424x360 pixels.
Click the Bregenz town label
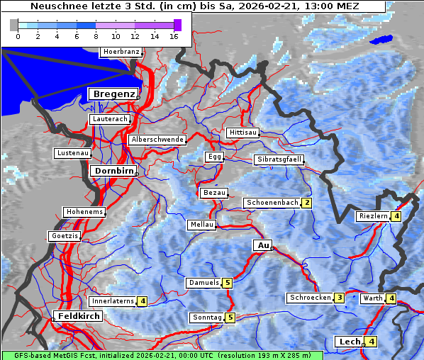coord(112,94)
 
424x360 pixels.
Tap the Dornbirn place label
coord(112,171)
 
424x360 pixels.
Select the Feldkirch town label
coord(79,315)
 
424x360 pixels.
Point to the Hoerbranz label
coord(121,52)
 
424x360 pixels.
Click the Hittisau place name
coord(243,133)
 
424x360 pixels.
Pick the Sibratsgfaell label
coord(279,159)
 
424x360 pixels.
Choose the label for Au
coord(262,245)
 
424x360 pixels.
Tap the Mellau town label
coord(201,225)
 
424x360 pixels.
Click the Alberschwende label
coord(157,140)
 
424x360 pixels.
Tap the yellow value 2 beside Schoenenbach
coord(306,203)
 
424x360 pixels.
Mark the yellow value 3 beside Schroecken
coord(340,298)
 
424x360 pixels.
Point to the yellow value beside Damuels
coord(227,283)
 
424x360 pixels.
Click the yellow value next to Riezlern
coord(396,216)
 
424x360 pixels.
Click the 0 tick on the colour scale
coord(18,35)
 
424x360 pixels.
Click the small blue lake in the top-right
coord(383,40)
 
